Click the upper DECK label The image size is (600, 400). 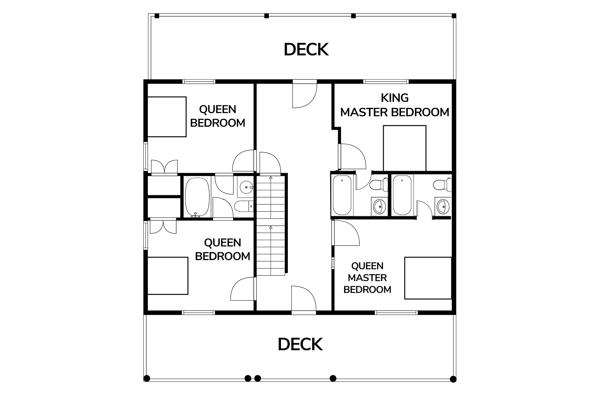tap(306, 49)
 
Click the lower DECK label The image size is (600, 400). tap(300, 344)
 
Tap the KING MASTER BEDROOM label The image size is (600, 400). tap(395, 105)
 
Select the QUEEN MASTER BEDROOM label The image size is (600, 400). tap(367, 278)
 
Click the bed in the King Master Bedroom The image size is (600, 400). tap(405, 148)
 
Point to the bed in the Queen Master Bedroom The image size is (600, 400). tap(428, 278)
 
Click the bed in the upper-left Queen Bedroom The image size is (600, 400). tap(167, 117)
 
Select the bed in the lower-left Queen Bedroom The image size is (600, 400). tap(168, 276)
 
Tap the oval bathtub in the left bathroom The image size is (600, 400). tap(197, 197)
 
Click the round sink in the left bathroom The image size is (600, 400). tap(246, 187)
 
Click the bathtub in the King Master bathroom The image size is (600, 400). tap(342, 195)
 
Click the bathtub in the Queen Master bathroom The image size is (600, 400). tap(402, 195)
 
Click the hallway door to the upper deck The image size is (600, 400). tap(305, 94)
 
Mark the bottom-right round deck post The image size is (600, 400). tap(453, 379)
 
